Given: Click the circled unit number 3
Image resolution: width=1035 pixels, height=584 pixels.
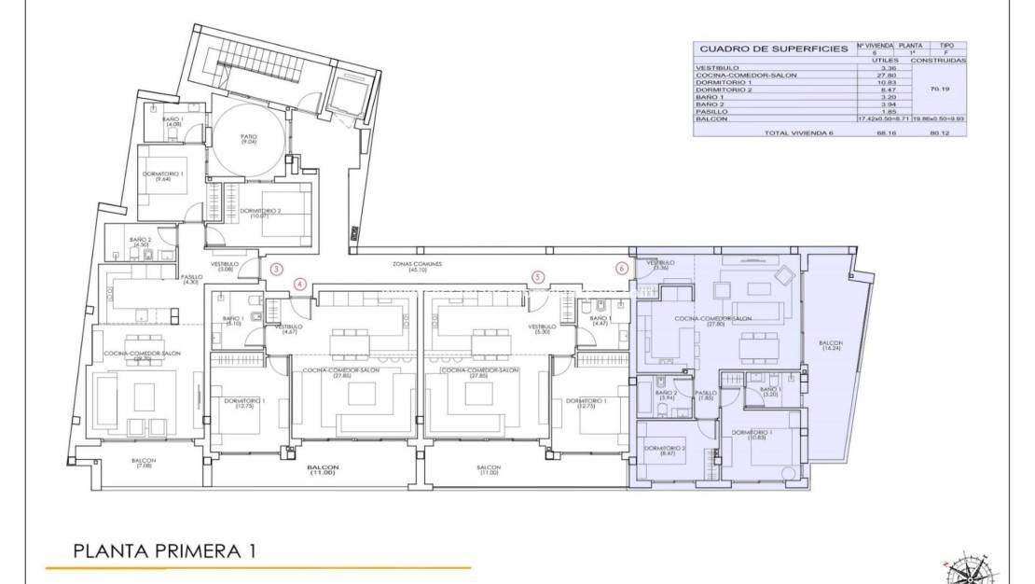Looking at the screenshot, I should pyautogui.click(x=276, y=269).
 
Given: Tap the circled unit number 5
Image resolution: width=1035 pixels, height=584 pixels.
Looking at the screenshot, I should pyautogui.click(x=537, y=276).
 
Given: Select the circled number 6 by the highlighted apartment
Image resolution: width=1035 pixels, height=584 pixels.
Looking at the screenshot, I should pyautogui.click(x=622, y=269).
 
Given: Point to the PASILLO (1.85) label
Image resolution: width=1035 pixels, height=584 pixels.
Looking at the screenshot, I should pyautogui.click(x=706, y=396).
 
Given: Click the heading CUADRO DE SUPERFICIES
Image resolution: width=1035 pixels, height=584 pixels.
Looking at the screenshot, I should pyautogui.click(x=773, y=49).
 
